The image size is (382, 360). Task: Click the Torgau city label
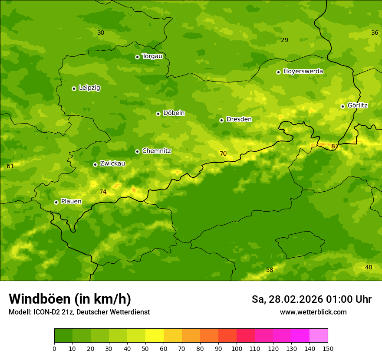tap(152, 56)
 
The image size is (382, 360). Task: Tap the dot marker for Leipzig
tap(74, 88)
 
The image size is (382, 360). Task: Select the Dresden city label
tap(239, 119)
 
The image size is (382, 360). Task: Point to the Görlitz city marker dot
tap(342, 106)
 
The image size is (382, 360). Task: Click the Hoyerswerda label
tap(303, 72)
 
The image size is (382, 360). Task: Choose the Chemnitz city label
tap(156, 151)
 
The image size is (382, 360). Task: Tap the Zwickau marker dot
tap(95, 164)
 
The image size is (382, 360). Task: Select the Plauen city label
tap(71, 202)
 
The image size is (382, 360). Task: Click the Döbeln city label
tap(174, 113)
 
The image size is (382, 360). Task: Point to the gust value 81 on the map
tap(335, 147)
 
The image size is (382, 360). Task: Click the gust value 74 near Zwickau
tap(103, 192)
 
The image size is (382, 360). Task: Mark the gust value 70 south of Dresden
tap(223, 154)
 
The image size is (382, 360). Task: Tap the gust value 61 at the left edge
tap(10, 167)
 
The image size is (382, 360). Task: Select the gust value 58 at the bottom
tap(270, 270)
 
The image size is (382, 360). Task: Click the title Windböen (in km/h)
tap(70, 299)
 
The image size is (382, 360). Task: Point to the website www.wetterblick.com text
tap(313, 312)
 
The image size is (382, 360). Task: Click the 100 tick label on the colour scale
tap(237, 348)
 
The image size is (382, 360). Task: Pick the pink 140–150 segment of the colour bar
tap(319, 336)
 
